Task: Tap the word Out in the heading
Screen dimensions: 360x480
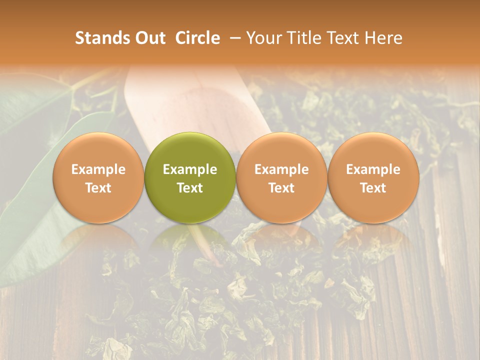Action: tap(148, 38)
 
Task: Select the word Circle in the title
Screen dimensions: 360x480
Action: tap(197, 38)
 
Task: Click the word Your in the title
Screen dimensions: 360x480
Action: tap(263, 38)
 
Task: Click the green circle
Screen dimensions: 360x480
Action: tap(190, 178)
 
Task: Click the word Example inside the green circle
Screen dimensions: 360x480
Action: tap(190, 169)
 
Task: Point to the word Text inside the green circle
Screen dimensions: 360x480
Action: tap(190, 188)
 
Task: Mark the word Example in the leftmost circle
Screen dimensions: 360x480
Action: tap(98, 169)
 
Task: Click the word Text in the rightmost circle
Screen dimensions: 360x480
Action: tap(373, 188)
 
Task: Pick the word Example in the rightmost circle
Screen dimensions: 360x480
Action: tap(373, 169)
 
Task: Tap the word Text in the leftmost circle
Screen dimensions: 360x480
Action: tap(98, 188)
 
